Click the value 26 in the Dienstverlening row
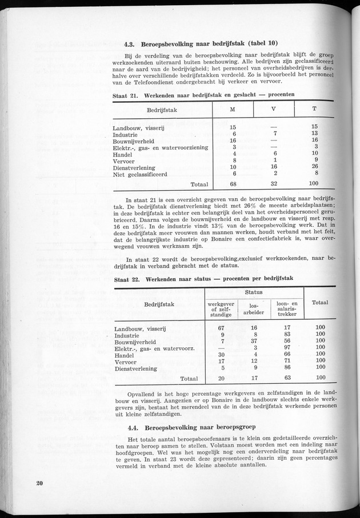(314, 167)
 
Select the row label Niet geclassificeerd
(140, 174)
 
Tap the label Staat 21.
(125, 95)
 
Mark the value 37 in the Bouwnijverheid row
(254, 341)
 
